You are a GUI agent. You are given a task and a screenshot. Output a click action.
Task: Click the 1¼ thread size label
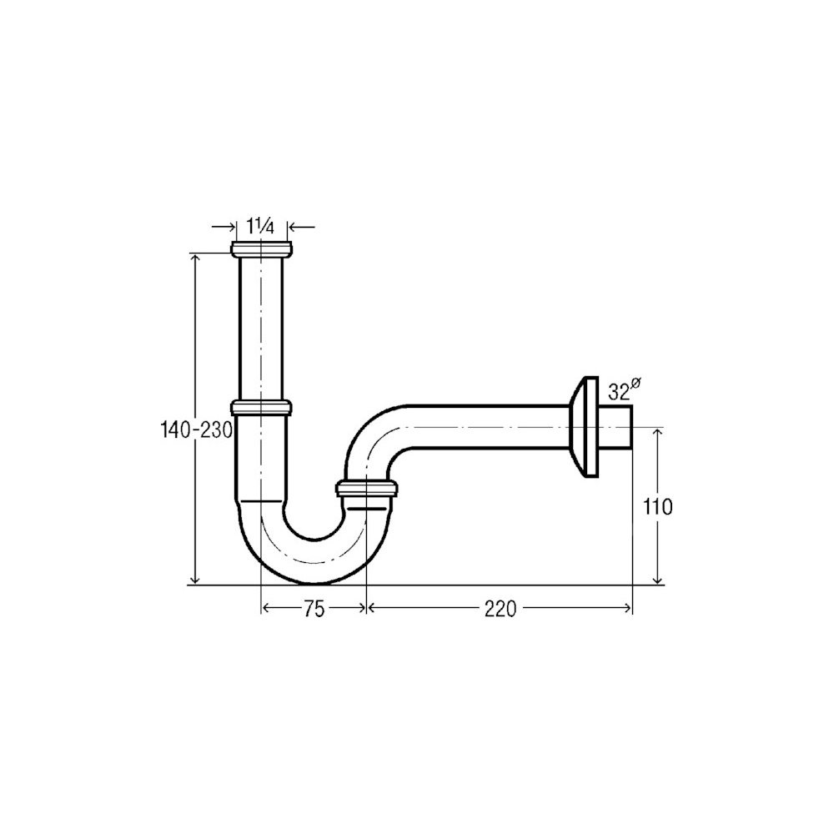[x=260, y=227]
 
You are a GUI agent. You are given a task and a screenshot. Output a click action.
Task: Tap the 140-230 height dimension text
[x=197, y=430]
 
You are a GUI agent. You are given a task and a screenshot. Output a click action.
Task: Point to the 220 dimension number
[x=500, y=609]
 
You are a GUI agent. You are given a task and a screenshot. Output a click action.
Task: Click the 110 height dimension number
[x=658, y=507]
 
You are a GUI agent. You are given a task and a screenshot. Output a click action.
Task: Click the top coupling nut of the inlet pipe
[x=262, y=249]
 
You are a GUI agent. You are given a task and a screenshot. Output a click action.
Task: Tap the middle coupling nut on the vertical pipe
[x=261, y=408]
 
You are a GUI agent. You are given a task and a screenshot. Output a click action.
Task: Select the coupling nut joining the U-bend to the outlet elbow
[x=366, y=488]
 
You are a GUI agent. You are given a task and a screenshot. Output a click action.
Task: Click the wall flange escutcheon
[x=584, y=428]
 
